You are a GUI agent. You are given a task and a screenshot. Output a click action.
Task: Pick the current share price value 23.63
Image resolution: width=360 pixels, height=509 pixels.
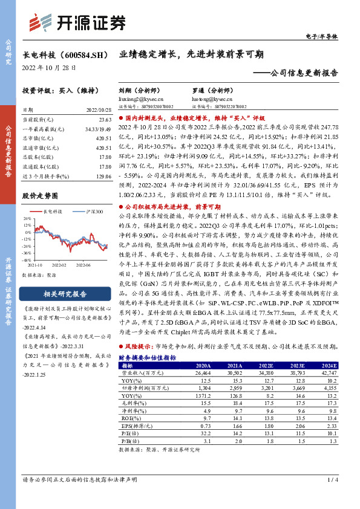pos(105,120)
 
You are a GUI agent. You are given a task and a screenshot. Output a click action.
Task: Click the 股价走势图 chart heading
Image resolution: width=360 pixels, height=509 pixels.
pos(40,196)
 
